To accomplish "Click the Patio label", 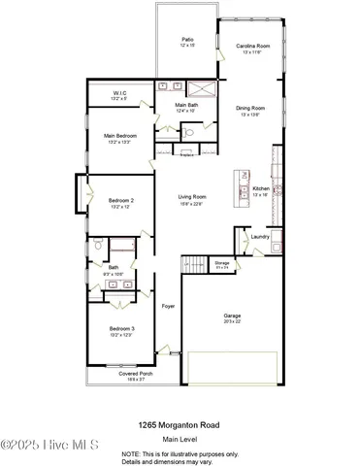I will (x=187, y=41).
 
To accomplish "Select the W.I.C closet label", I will (x=120, y=93).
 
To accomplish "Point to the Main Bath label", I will (x=185, y=105).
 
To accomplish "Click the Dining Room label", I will (x=250, y=108).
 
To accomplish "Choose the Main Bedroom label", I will (x=120, y=137).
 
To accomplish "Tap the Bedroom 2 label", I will (x=120, y=200).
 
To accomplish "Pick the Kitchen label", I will (x=260, y=188).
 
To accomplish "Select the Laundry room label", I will (x=259, y=236).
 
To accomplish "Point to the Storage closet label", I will (x=221, y=262).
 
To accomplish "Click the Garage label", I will (x=231, y=316).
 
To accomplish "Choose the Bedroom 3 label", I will (x=120, y=330).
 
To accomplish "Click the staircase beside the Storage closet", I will (x=194, y=263).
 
